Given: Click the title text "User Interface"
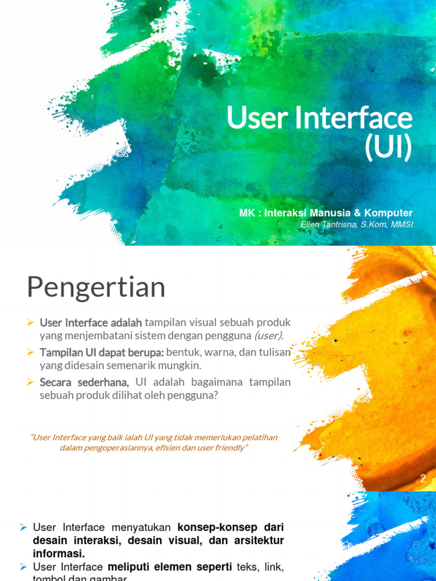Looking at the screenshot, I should [319, 118].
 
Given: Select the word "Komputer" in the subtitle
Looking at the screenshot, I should [388, 213].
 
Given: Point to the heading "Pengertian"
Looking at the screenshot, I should [96, 288].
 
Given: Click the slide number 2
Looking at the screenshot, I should [423, 479].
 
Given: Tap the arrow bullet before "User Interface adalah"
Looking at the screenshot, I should [31, 322].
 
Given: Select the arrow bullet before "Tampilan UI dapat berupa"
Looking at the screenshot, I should [31, 352].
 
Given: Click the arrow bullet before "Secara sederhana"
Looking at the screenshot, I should [31, 383].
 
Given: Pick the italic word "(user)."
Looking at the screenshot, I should [269, 336].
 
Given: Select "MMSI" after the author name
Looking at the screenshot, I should [401, 224].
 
